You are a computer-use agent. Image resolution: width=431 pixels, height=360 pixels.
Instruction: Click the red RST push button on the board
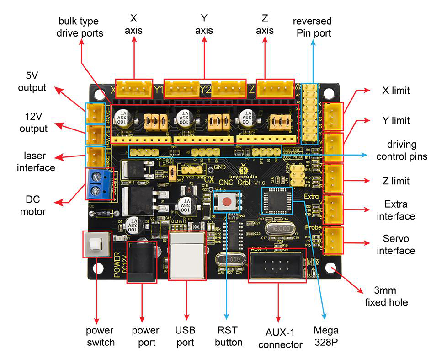[x=226, y=202]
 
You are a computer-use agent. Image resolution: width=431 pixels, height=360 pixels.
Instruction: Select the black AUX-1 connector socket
[x=277, y=265]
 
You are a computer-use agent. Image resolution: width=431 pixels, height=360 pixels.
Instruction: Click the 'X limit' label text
[x=396, y=91]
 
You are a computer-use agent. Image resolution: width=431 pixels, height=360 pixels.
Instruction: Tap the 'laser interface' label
[x=36, y=161]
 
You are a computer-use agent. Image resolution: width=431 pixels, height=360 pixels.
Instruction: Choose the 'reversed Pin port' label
[x=313, y=27]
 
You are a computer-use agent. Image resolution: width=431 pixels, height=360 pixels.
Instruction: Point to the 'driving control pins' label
[x=402, y=150]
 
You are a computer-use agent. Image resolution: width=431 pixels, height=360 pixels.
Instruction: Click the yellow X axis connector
[x=134, y=87]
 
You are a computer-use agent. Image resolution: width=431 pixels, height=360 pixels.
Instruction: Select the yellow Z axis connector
[x=274, y=87]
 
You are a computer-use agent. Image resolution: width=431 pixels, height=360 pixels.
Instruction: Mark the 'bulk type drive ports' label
[x=81, y=27]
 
